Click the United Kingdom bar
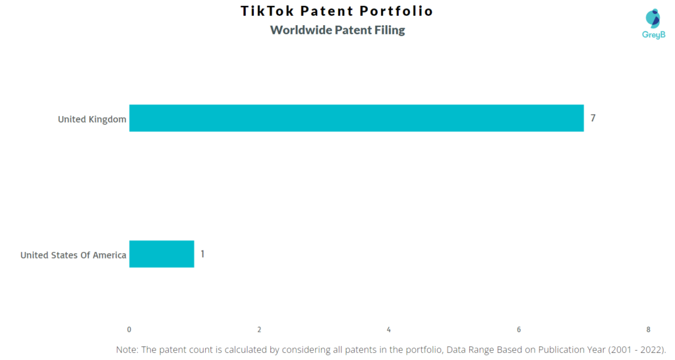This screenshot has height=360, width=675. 357,118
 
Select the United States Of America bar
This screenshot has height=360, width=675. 162,254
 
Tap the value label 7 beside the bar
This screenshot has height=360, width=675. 593,118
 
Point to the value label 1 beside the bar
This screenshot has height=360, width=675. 202,254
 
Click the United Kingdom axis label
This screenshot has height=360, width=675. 92,119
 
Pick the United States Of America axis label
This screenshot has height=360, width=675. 73,255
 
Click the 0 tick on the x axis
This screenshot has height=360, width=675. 129,330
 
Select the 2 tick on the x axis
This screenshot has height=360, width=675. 259,330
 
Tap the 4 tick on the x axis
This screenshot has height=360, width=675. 389,330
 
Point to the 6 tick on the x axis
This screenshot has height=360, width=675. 519,330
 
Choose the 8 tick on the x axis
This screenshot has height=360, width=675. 649,330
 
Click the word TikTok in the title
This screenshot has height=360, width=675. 267,11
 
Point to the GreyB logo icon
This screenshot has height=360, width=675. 653,18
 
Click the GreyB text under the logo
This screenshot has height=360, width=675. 653,35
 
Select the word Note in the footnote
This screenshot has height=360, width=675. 126,349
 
